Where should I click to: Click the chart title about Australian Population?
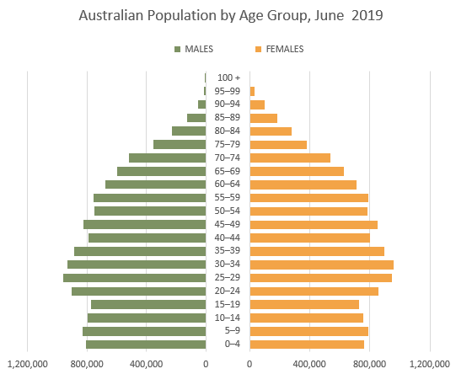(x=228, y=15)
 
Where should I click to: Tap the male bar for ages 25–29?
(x=134, y=277)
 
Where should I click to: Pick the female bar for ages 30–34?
(x=321, y=264)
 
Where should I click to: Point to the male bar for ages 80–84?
(x=189, y=131)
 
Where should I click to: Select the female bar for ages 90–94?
(x=257, y=104)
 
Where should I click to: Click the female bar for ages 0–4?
(x=307, y=344)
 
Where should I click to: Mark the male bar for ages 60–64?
(x=155, y=184)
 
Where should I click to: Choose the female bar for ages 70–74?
(x=290, y=158)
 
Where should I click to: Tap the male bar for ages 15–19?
(x=148, y=304)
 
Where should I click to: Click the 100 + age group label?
(x=228, y=77)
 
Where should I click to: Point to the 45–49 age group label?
(x=228, y=224)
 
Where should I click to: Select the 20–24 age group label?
(x=228, y=291)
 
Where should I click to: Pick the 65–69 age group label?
(x=228, y=171)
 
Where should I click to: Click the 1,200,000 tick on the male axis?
(x=28, y=364)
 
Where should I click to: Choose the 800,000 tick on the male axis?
(x=87, y=364)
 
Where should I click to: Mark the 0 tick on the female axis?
(x=250, y=364)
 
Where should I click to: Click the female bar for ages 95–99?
(x=253, y=91)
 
